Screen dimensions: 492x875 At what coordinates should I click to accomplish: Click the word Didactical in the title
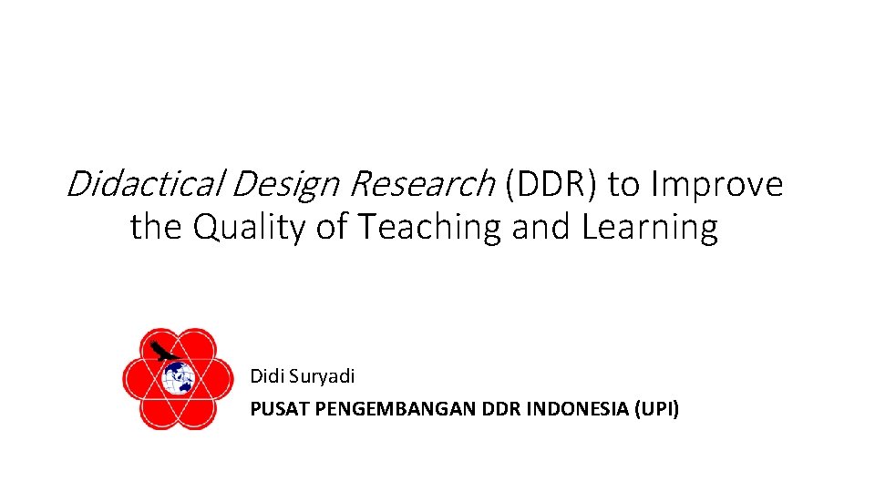145,184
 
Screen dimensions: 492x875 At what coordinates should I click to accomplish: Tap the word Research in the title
420,184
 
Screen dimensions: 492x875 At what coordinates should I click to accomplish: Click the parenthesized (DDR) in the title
549,184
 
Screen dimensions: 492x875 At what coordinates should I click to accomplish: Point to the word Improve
716,184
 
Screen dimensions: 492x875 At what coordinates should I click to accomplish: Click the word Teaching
430,228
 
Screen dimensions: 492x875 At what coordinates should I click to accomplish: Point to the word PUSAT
279,409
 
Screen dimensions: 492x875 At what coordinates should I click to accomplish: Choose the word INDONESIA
576,409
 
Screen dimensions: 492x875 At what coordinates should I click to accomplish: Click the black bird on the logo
163,351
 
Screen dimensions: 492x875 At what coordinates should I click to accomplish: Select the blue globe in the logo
178,377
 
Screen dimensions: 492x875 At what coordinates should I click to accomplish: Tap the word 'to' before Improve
624,184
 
